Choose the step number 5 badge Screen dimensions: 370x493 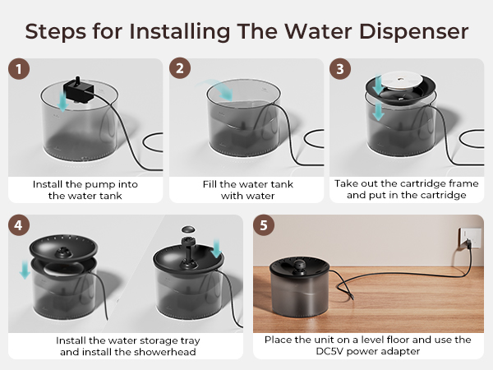[263, 224]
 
